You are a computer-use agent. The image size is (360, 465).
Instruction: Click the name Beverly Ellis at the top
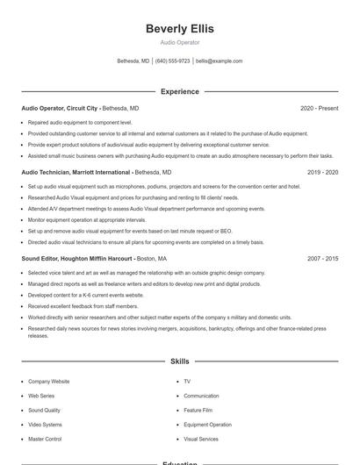pos(180,29)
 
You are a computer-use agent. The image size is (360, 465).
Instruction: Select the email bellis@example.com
pos(219,61)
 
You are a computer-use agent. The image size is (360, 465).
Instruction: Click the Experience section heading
pos(180,91)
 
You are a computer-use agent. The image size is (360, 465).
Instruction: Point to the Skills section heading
pos(180,361)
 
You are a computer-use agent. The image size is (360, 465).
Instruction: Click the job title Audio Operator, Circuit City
pos(60,108)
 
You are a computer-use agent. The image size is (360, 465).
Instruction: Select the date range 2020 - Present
pos(319,108)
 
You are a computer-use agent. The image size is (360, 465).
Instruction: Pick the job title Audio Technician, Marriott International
pos(76,173)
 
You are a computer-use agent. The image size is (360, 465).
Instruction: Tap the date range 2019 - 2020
pos(322,173)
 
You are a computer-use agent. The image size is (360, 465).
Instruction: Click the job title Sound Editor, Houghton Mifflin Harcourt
pos(77,259)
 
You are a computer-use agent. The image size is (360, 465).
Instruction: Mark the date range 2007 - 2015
pos(322,259)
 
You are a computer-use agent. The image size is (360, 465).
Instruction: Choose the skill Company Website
pos(48,382)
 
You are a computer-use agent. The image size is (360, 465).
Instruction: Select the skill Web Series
pos(41,396)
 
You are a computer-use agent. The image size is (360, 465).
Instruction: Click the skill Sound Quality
pos(44,410)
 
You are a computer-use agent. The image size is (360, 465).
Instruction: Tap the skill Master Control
pos(45,439)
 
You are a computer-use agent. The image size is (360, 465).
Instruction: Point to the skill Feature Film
pos(198,410)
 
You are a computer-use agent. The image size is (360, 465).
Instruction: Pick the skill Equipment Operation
pos(207,425)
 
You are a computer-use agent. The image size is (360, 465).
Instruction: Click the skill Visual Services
pos(201,439)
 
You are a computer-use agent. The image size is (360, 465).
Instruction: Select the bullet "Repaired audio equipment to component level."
pos(80,123)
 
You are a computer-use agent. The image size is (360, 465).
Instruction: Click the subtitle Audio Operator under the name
pos(180,42)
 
